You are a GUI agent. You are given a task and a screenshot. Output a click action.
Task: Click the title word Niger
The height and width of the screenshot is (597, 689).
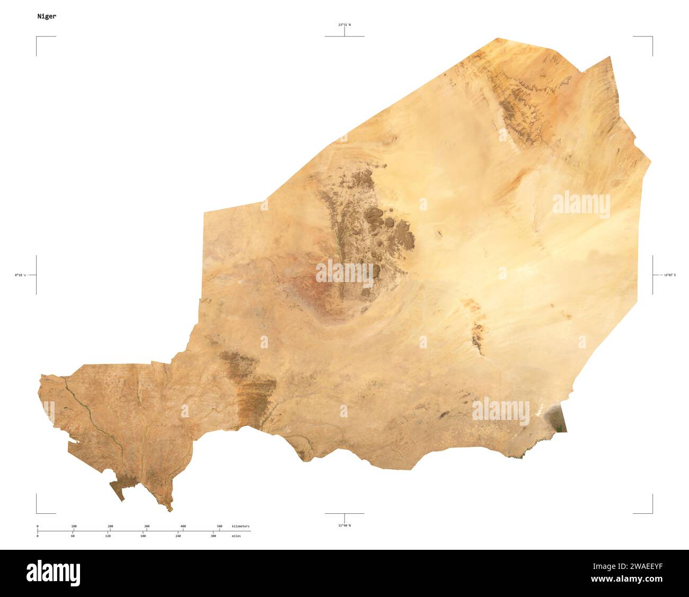47,16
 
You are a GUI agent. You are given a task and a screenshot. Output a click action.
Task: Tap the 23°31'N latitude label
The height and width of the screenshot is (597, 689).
344,24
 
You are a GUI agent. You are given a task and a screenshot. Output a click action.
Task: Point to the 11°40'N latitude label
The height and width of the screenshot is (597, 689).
344,525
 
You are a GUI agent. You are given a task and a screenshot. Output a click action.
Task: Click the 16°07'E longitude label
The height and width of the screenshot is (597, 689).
670,275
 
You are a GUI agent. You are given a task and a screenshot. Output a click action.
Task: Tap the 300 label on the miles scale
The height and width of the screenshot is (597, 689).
213,536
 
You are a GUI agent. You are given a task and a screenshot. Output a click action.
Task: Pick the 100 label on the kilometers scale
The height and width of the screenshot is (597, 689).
74,526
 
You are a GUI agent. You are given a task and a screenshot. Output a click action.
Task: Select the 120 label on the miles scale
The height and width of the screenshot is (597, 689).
108,536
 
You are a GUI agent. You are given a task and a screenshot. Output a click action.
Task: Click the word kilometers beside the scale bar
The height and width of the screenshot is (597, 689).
241,526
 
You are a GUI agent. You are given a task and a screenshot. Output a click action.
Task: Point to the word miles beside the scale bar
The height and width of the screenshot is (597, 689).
236,536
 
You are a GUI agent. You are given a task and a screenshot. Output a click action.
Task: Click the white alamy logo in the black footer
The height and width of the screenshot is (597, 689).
54,573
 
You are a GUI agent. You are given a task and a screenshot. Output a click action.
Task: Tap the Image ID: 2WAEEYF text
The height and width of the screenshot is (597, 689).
631,566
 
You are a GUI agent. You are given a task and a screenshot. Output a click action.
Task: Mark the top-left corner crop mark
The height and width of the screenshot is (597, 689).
37,38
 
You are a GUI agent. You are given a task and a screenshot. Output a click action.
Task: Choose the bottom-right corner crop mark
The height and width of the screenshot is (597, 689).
651,512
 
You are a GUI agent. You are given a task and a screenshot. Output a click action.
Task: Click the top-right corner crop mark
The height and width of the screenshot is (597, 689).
651,38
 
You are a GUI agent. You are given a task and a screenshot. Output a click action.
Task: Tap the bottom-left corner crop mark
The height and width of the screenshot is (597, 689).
37,512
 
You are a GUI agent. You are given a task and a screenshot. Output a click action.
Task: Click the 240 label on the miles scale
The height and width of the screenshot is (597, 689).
178,536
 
